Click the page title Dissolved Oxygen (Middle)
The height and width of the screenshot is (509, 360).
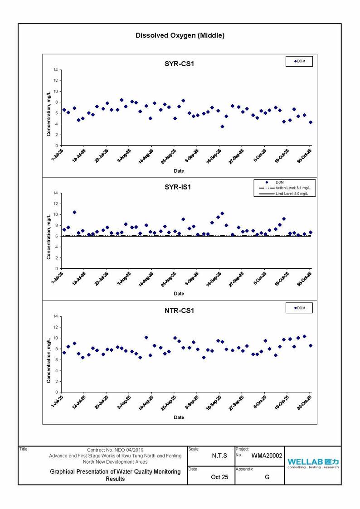(x=180, y=35)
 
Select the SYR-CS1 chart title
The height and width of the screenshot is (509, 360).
(x=179, y=64)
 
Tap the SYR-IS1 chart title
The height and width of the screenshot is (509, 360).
(x=179, y=187)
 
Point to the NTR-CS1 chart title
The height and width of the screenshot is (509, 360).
(x=179, y=310)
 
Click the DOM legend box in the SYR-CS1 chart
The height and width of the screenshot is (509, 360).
(x=299, y=61)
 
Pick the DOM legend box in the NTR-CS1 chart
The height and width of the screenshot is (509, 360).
(x=299, y=308)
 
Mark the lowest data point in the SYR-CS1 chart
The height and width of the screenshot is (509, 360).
(x=222, y=126)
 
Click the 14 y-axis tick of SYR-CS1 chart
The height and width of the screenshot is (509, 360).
(x=55, y=70)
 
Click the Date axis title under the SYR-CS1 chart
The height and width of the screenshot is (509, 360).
(x=179, y=171)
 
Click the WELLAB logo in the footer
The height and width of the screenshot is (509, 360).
(x=312, y=463)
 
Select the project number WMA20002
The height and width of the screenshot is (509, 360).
(x=267, y=456)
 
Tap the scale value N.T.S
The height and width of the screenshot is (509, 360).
(x=219, y=456)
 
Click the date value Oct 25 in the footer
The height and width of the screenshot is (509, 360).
(x=219, y=477)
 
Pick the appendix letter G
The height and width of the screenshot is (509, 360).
(x=267, y=477)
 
